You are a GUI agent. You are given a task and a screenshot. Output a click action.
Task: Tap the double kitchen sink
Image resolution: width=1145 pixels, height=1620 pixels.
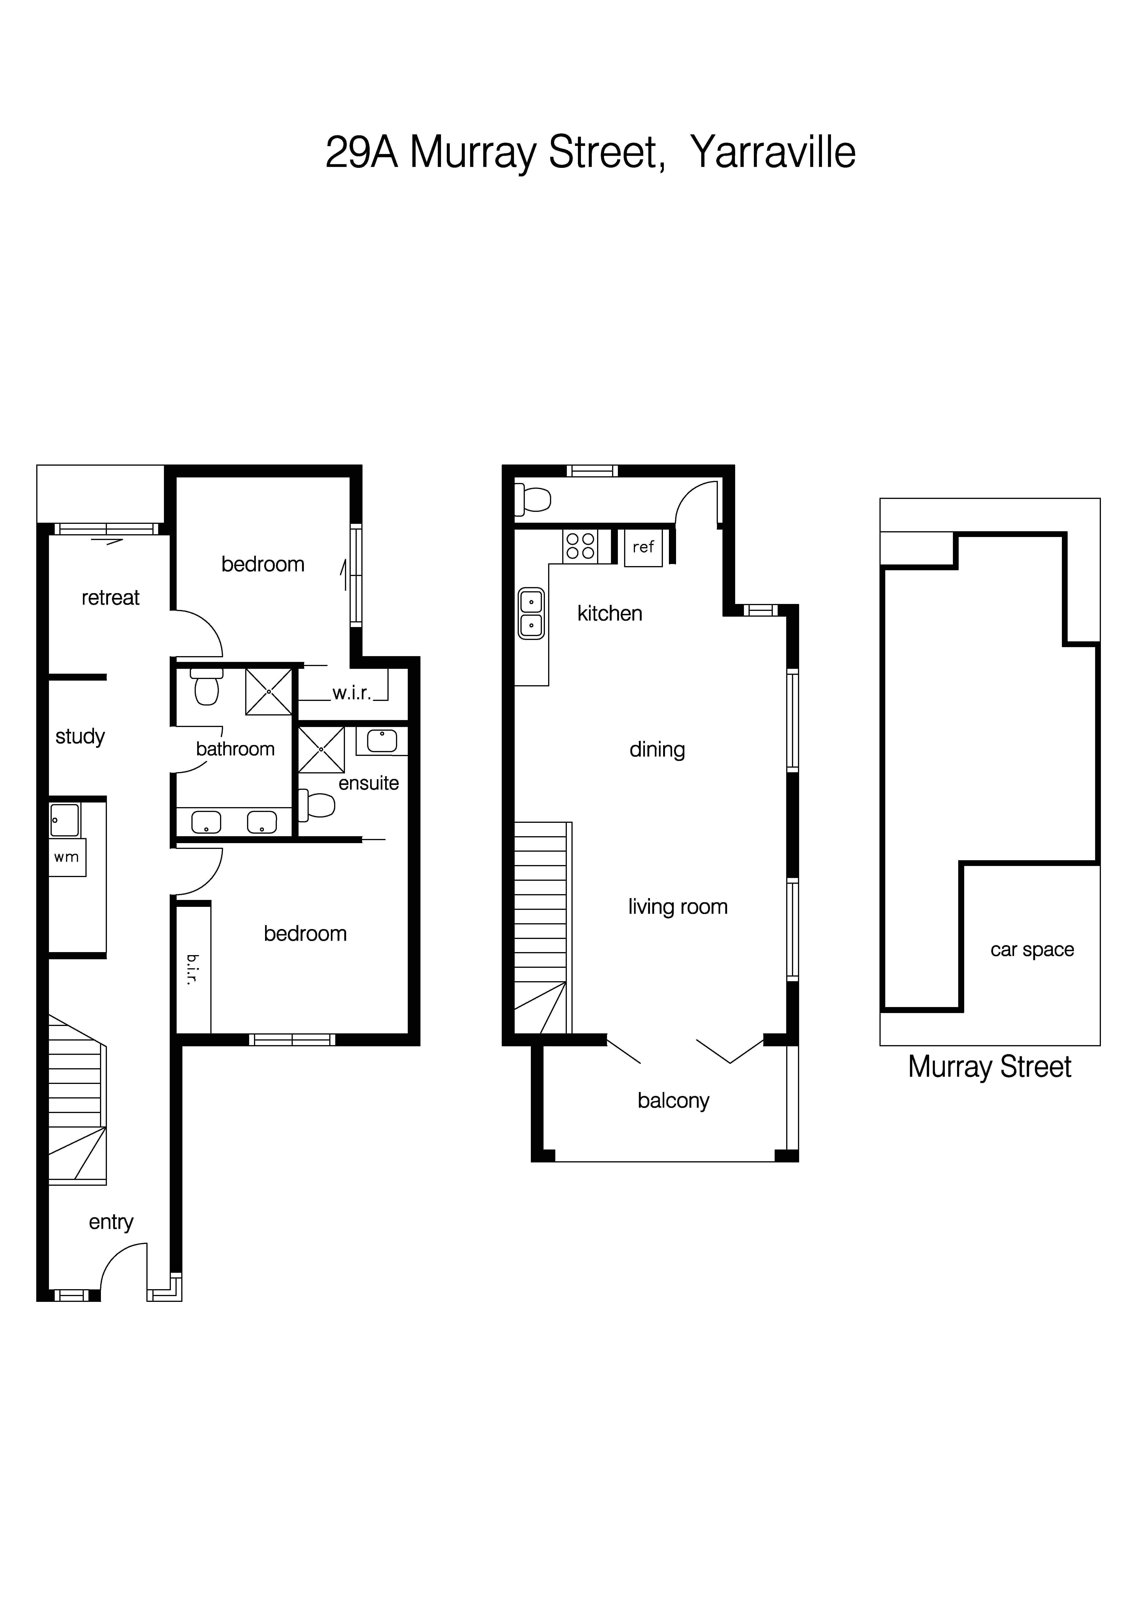pyautogui.click(x=531, y=613)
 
